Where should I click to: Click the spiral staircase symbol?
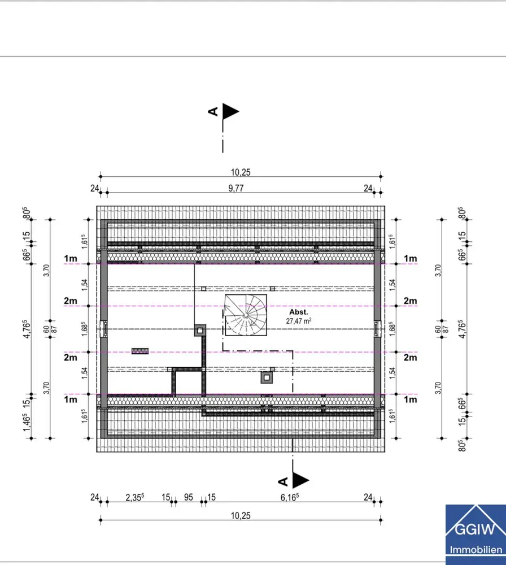[x=246, y=315]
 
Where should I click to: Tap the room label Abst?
[x=299, y=312]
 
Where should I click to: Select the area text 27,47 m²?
[x=299, y=321]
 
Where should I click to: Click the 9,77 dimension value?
[x=236, y=188]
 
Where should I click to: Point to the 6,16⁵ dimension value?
[x=290, y=497]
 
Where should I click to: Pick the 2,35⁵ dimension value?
[x=135, y=497]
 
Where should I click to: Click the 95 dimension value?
[x=189, y=497]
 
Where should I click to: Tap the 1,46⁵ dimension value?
[x=27, y=422]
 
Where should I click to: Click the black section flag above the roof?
[x=231, y=112]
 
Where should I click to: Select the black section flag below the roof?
[x=300, y=480]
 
